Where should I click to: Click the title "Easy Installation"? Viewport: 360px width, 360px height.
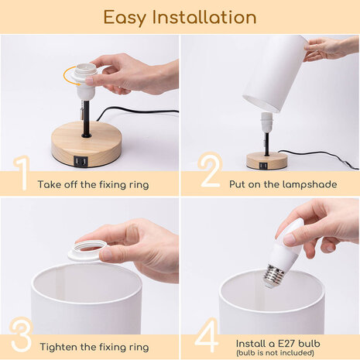180,17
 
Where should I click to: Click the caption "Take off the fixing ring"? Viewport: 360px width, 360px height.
94,185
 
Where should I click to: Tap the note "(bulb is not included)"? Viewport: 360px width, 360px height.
276,351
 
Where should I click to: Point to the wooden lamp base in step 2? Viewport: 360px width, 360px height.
266,160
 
